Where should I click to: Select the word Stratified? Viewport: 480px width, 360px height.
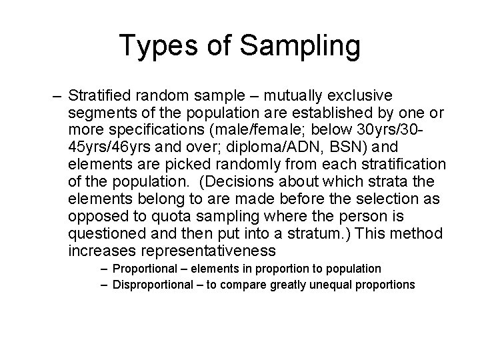99,95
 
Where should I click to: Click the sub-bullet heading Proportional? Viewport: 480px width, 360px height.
149,269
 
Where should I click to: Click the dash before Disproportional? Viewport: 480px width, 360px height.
107,285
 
